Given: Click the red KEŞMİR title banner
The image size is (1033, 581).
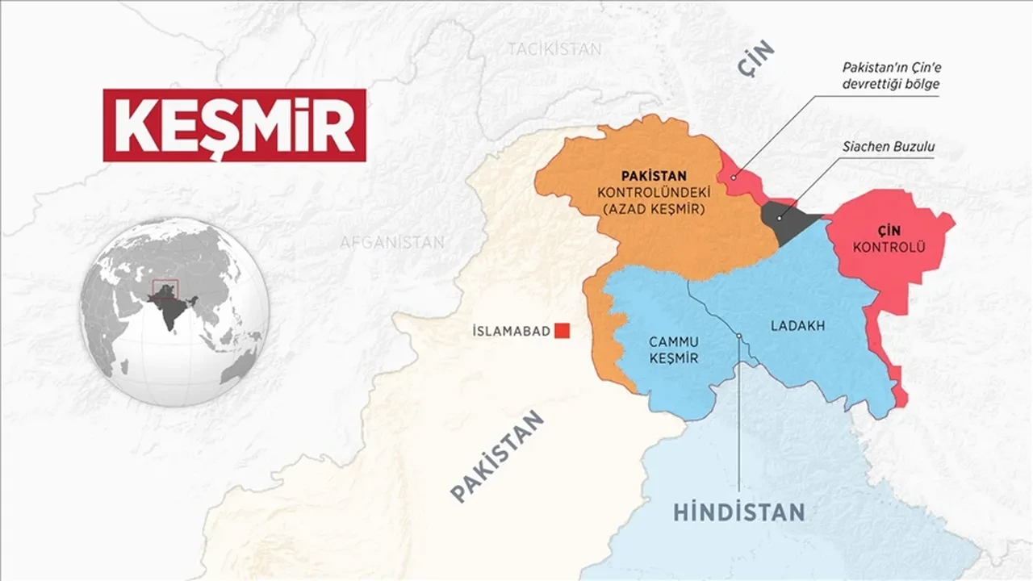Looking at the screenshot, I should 234,125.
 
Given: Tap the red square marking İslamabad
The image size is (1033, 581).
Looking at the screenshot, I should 563,330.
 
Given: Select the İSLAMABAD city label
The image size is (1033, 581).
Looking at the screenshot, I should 511,331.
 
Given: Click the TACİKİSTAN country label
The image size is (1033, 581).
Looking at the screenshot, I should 554,49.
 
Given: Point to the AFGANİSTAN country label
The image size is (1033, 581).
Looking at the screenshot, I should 391,242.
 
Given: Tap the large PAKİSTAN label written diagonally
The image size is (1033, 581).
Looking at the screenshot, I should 498,457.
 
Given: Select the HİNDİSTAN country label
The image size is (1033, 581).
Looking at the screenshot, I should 738,512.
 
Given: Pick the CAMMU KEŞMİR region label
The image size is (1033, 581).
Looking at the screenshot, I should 673,350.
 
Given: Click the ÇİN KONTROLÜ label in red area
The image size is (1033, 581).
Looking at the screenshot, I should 889,238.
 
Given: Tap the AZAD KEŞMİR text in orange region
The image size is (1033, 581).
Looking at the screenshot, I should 654,209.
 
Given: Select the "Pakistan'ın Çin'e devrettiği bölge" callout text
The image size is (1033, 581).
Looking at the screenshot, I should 890,75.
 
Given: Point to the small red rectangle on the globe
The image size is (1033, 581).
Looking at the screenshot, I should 165,289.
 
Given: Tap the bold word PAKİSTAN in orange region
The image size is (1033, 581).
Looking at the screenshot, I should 654,175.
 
